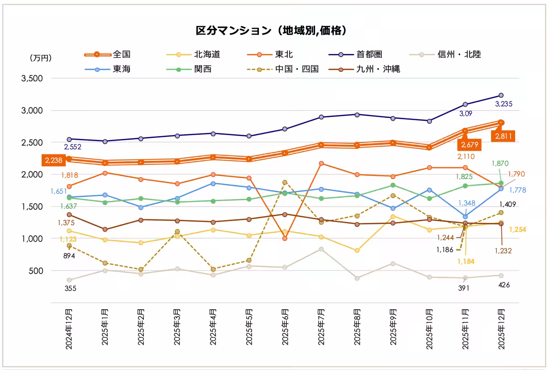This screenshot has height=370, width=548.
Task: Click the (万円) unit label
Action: click(41, 58)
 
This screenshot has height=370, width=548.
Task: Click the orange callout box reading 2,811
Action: click(502, 135)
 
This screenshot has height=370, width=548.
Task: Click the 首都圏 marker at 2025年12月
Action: click(501, 95)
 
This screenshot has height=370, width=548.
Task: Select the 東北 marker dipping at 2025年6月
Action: click(285, 238)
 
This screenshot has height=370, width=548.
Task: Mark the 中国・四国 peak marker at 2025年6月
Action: click(285, 182)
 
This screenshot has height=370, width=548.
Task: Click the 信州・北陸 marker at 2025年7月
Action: click(321, 249)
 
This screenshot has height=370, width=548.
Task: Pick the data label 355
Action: click(70, 288)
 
